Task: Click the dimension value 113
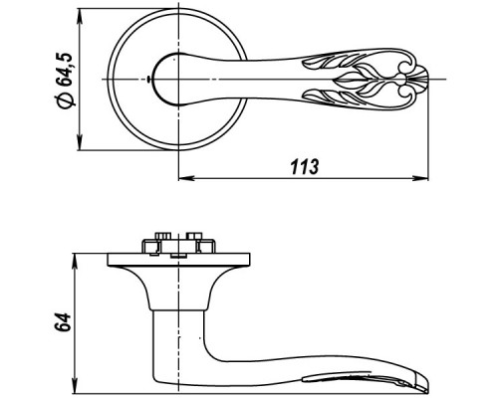(x=305, y=167)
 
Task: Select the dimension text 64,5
(x=64, y=70)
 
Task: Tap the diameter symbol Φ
(x=65, y=99)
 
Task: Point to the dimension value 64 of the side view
(x=63, y=321)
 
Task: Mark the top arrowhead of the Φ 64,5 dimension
(x=80, y=16)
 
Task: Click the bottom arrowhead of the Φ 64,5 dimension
(x=80, y=142)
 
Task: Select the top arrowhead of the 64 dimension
(x=75, y=262)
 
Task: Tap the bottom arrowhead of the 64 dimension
(x=75, y=386)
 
